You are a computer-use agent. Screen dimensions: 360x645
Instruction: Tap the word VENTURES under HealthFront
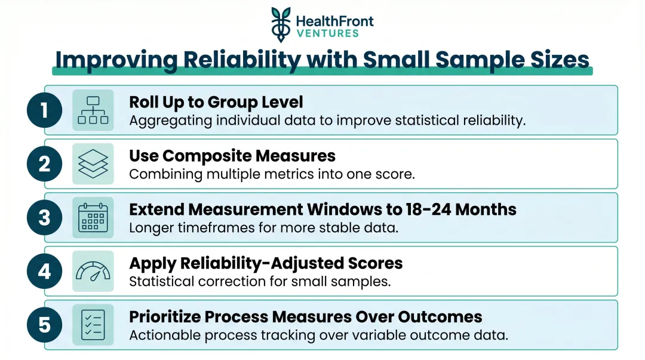(x=327, y=33)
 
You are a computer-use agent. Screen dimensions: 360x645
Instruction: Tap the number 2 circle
(x=44, y=164)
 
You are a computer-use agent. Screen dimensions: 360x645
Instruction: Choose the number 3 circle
(x=44, y=217)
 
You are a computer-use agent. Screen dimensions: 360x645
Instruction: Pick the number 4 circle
(x=44, y=271)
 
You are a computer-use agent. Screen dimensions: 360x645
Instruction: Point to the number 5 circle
(x=44, y=325)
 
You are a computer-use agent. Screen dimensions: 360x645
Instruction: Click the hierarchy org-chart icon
(x=93, y=110)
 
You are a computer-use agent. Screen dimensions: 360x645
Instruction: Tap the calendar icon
(x=93, y=217)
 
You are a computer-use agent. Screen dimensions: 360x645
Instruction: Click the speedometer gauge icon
(x=93, y=271)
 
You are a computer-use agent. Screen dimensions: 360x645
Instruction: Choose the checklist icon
(x=93, y=325)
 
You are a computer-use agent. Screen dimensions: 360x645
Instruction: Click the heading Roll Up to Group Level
(x=216, y=102)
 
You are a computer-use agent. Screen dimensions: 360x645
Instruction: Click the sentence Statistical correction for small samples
(x=260, y=281)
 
